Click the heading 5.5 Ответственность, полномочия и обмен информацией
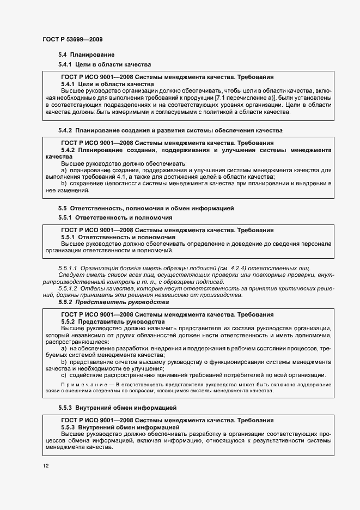(x=146, y=208)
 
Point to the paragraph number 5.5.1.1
(x=68, y=268)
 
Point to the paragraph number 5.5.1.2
(x=68, y=288)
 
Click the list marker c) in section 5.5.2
(x=64, y=374)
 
